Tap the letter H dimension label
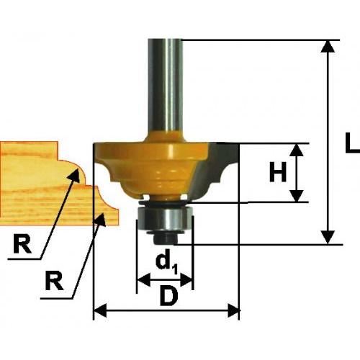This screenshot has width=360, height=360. [278, 172]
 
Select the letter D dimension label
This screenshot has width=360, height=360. [170, 297]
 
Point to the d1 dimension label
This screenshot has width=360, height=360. [166, 261]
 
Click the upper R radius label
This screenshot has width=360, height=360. [22, 243]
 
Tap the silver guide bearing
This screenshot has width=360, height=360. [165, 220]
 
